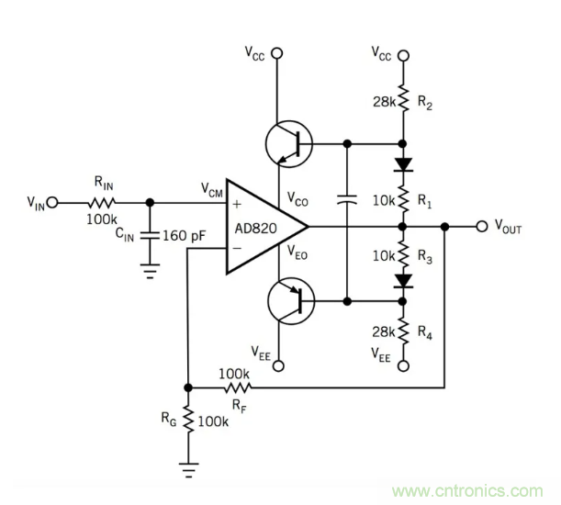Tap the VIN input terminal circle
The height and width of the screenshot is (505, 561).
tap(53, 202)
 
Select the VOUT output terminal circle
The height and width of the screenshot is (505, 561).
tap(481, 226)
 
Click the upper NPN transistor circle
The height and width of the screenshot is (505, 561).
tap(289, 144)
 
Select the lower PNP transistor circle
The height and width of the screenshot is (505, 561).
tap(289, 301)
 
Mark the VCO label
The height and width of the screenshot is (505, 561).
tap(298, 198)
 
